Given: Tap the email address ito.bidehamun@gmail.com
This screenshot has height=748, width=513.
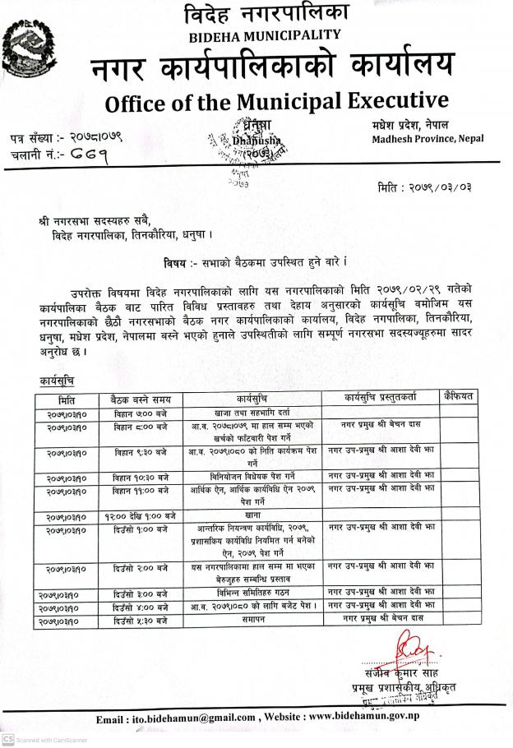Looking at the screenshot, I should [x=197, y=719].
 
